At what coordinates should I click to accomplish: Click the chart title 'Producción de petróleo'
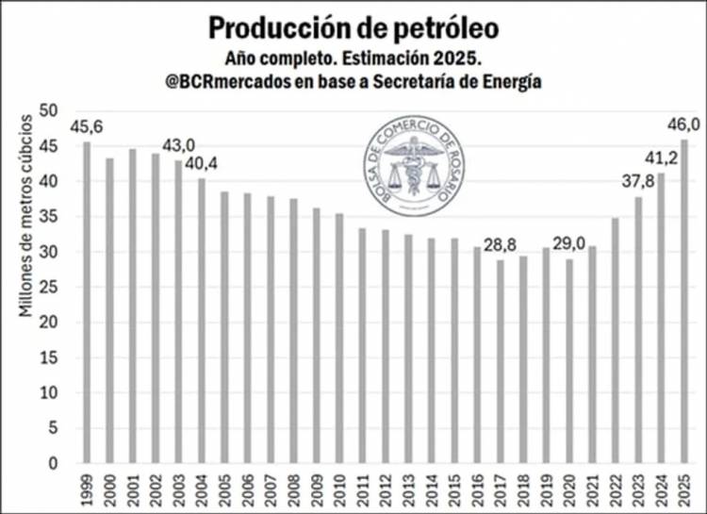[353, 25]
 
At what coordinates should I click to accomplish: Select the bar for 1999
[88, 302]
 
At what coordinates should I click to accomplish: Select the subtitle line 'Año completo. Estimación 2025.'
[353, 57]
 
